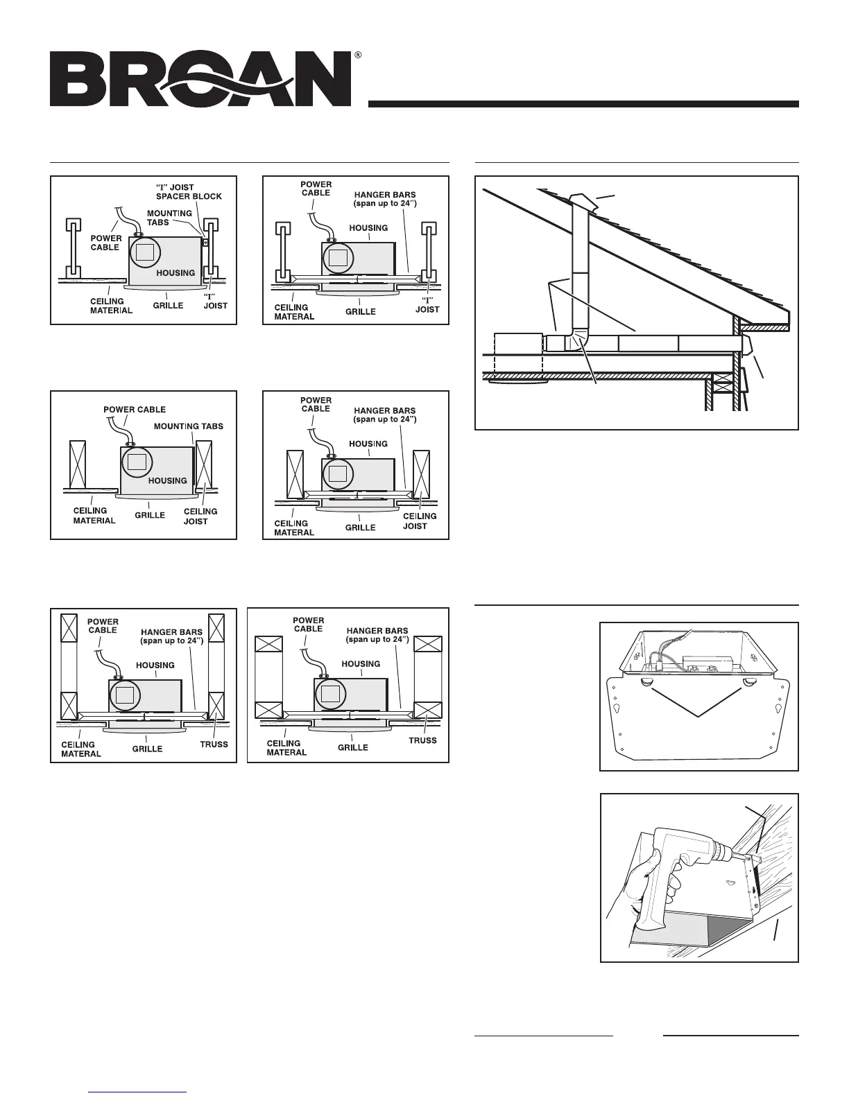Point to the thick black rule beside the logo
pos(583,104)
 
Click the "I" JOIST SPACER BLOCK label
pos(189,192)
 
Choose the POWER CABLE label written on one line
pos(135,410)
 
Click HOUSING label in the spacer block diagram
pos(175,273)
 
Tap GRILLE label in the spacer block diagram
pos(168,305)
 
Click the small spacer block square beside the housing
pos(205,243)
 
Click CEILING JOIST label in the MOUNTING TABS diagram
pos(200,516)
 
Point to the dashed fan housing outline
pos(517,354)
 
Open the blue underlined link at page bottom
pos(139,1092)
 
